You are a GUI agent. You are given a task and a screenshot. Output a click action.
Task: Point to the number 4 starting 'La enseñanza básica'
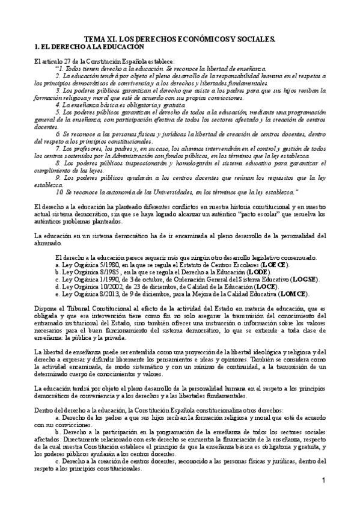58,105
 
